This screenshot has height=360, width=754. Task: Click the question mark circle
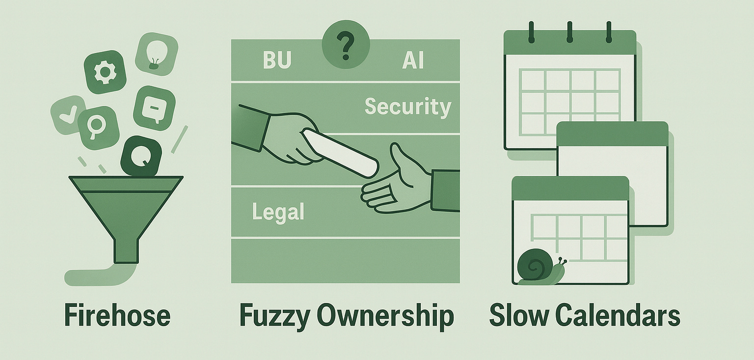[x=346, y=47]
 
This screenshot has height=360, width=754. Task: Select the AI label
[x=413, y=60]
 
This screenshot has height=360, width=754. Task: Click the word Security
[x=407, y=106]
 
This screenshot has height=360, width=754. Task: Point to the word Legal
[x=278, y=212]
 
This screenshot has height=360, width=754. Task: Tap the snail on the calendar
[x=539, y=268]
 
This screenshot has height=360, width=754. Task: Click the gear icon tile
[x=105, y=72]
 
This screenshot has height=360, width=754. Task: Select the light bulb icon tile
[x=156, y=54]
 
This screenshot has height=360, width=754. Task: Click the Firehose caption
[x=117, y=315]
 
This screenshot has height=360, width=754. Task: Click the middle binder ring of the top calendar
[x=570, y=32]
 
